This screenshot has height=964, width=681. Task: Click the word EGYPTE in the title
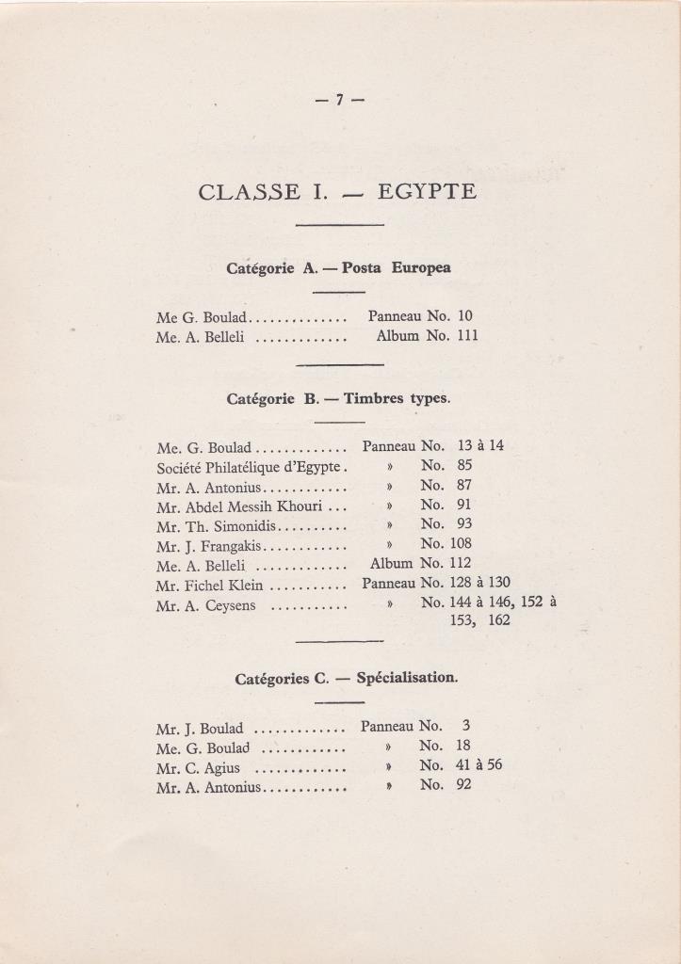[x=427, y=192]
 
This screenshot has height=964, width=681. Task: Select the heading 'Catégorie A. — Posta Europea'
[x=338, y=267]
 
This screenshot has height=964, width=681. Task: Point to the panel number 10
[x=465, y=316]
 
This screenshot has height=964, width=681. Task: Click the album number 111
[x=467, y=335]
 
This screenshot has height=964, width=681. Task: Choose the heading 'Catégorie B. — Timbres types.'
[x=338, y=398]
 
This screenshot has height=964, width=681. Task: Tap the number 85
[x=464, y=465]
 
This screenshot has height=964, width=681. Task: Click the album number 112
[x=468, y=563]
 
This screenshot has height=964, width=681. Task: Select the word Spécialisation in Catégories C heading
[x=407, y=677]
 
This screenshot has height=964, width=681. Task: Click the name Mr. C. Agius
[x=198, y=767]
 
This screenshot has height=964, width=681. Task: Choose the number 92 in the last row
[x=463, y=784]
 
